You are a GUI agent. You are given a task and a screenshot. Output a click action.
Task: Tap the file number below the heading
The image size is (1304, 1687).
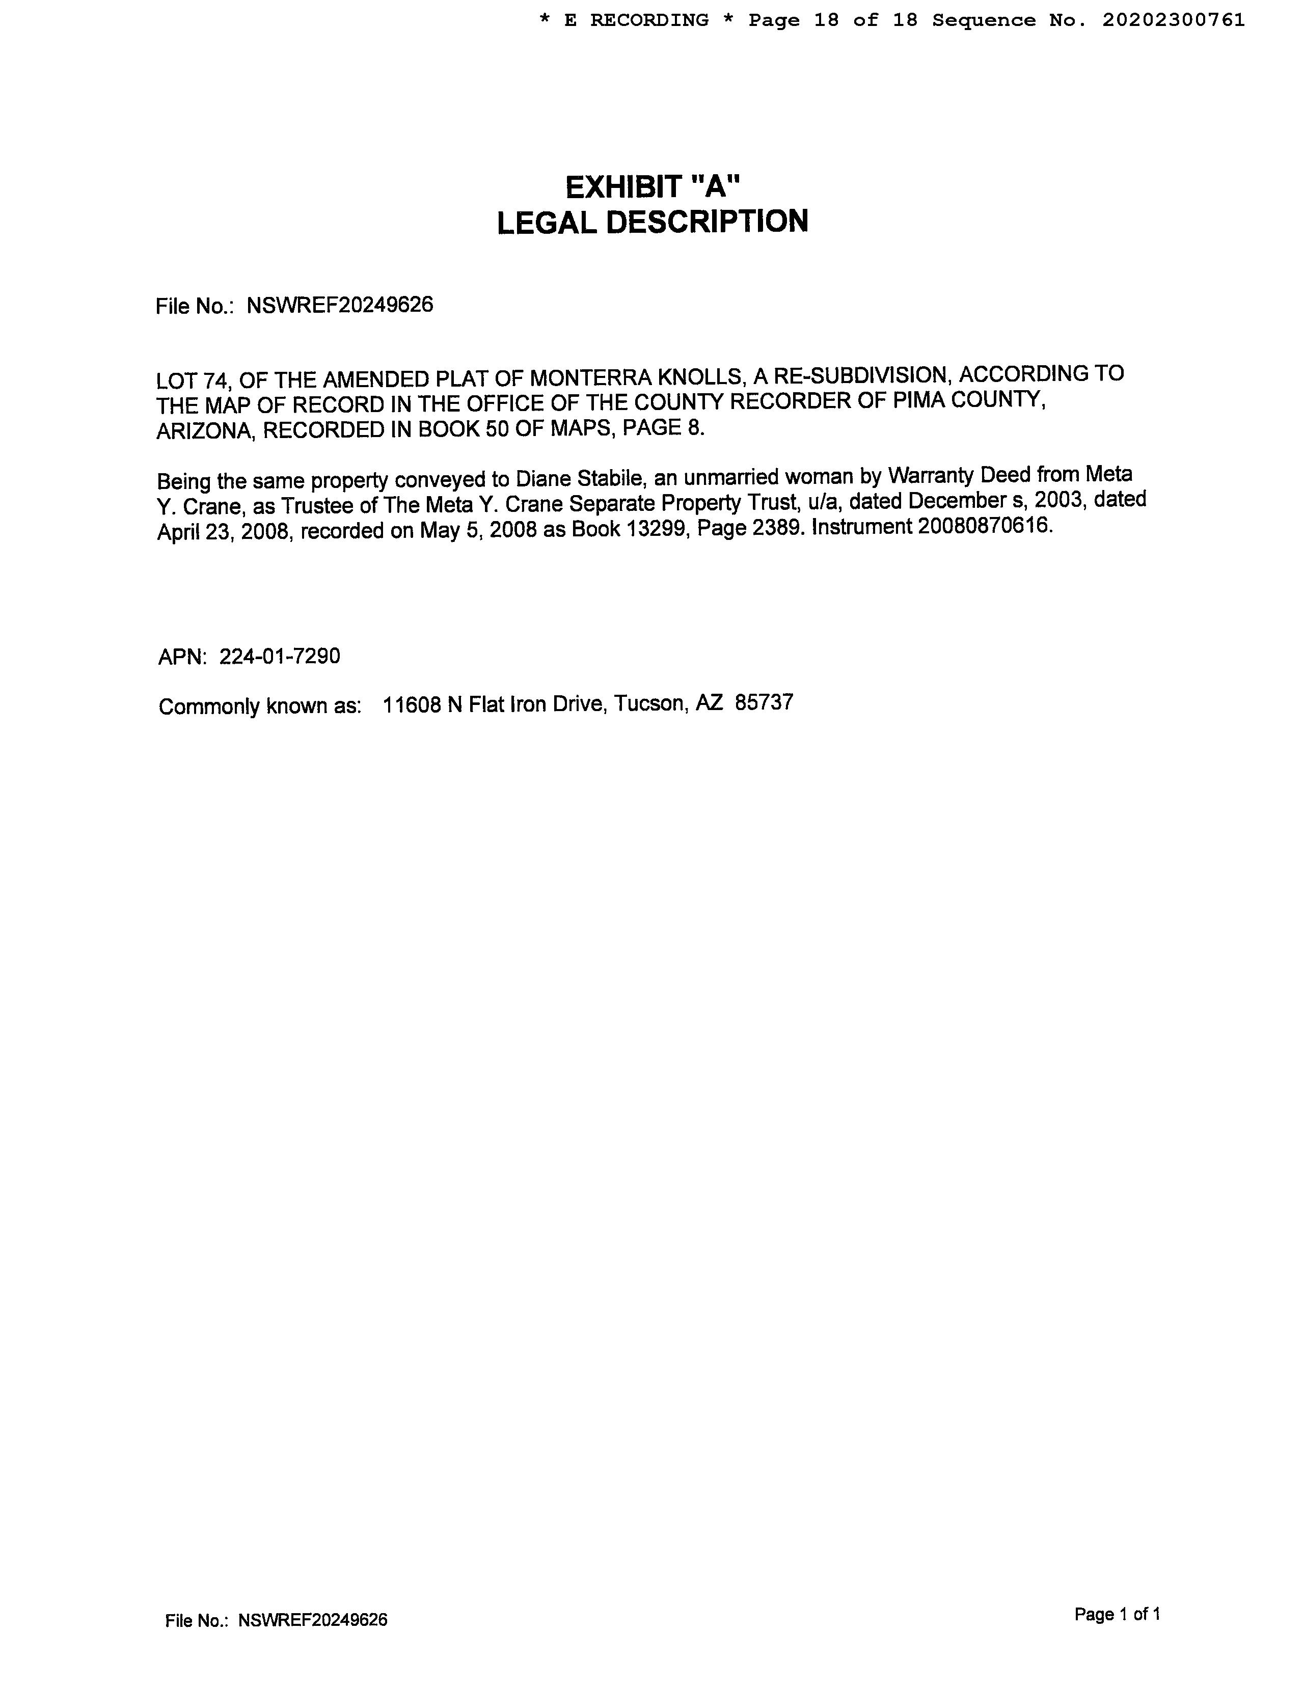click(339, 305)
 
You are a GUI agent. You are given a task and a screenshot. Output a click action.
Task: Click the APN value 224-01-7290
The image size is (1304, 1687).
click(280, 657)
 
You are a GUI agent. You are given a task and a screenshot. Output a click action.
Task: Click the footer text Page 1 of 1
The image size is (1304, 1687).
click(1117, 1614)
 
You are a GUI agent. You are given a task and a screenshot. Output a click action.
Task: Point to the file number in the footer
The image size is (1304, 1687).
click(312, 1620)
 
